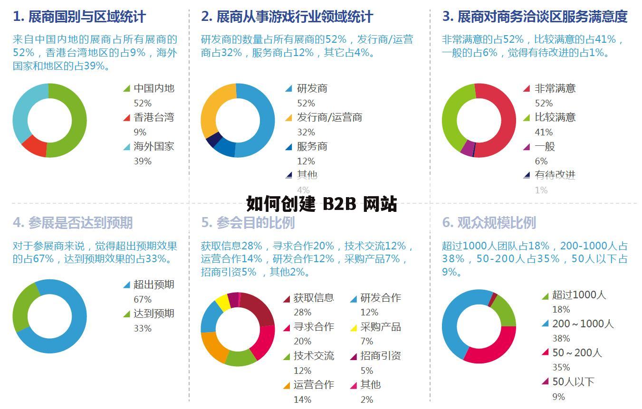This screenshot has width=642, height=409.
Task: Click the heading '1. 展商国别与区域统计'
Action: [79, 17]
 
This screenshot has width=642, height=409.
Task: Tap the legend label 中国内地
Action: [154, 88]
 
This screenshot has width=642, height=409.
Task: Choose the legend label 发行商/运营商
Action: [329, 117]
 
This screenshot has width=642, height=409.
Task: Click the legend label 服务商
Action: [312, 146]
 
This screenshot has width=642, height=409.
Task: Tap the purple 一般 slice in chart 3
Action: [467, 148]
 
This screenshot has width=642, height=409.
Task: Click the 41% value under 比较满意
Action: [544, 132]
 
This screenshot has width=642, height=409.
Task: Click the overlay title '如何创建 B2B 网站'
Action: [322, 204]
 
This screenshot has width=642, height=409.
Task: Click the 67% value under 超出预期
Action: [143, 299]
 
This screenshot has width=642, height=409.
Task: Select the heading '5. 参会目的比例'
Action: [248, 222]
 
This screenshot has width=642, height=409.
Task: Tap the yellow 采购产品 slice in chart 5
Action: [222, 302]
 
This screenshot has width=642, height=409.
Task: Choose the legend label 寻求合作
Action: [314, 327]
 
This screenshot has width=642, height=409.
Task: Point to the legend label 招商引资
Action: [380, 356]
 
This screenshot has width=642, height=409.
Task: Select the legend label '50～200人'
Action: [577, 353]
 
